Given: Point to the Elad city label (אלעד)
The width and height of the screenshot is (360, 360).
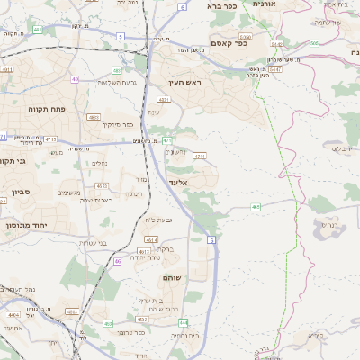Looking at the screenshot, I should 177,182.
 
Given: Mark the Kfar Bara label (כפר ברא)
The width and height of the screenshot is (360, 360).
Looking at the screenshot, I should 220,5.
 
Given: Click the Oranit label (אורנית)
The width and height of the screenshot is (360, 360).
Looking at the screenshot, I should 265,4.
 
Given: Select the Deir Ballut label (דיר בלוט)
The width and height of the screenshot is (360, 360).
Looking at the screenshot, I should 343,148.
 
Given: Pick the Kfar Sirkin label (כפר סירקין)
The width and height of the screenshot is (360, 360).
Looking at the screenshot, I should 117,124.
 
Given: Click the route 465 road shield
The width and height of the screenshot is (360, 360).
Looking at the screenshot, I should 256,206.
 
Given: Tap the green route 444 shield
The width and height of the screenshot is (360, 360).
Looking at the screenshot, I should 183,321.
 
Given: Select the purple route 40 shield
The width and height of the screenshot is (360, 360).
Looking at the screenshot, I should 76,79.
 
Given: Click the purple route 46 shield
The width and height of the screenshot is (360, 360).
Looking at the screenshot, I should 118,261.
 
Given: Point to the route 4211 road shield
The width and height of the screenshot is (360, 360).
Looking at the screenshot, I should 200,156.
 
